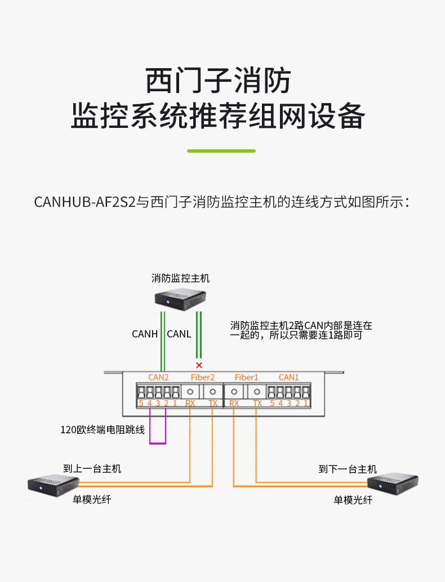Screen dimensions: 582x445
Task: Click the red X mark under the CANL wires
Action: point(198,365)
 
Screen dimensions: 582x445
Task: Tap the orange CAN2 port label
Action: point(158,377)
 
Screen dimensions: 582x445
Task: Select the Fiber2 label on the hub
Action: point(202,377)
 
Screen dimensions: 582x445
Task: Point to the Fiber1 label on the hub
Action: point(246,377)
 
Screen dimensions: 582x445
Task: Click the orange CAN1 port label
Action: point(288,377)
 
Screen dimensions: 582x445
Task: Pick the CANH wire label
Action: point(145,334)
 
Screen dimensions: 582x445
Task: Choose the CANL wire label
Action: point(179,334)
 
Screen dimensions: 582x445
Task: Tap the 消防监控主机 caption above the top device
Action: point(180,278)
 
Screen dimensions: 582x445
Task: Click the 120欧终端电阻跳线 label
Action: point(103,430)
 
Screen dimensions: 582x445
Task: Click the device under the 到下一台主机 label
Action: point(392,483)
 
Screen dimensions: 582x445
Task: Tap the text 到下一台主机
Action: point(348,469)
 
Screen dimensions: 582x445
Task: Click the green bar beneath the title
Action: point(221,151)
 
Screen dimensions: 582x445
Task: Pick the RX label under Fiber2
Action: point(190,403)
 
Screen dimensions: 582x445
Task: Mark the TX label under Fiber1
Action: point(257,403)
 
